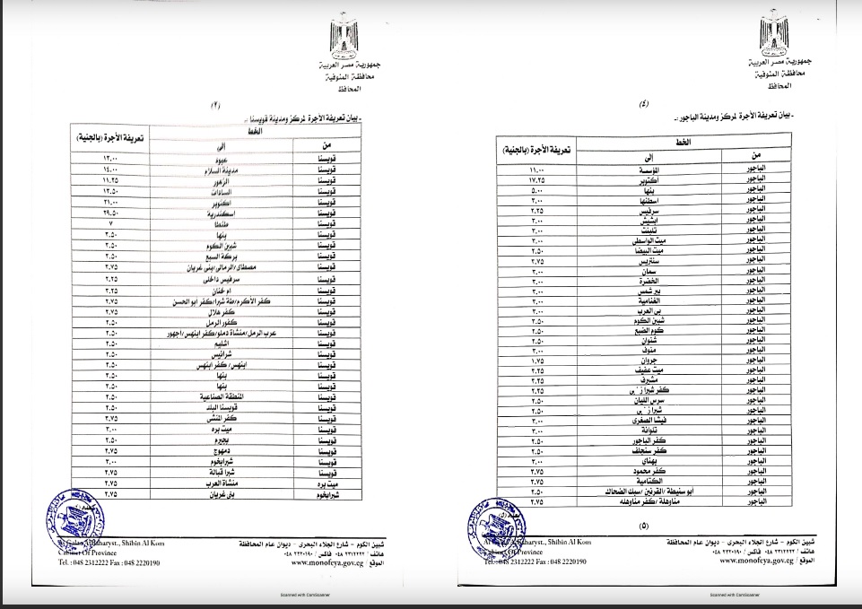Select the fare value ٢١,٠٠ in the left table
coord(112,203)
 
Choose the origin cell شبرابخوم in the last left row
coord(320,493)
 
